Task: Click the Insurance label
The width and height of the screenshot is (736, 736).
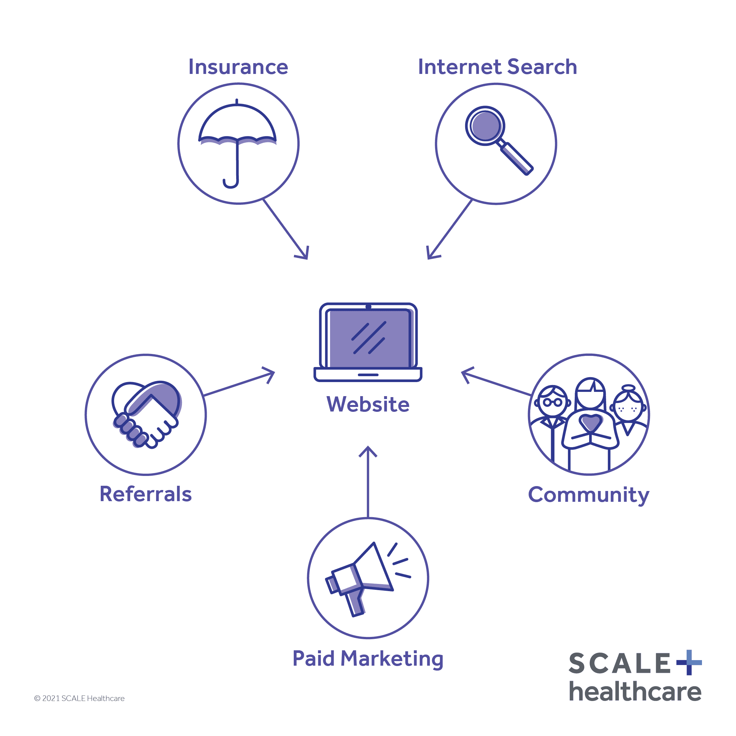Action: point(238,67)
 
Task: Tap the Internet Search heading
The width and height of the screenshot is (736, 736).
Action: point(497,67)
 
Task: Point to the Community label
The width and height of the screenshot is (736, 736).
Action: point(588,495)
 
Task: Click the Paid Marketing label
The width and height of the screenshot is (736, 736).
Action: point(368,659)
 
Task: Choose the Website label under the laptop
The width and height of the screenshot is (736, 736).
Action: point(368,404)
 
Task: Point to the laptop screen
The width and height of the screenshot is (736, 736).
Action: point(368,339)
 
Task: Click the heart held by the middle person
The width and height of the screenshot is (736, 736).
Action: point(590,422)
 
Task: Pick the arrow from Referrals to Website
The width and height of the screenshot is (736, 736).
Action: point(239,384)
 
